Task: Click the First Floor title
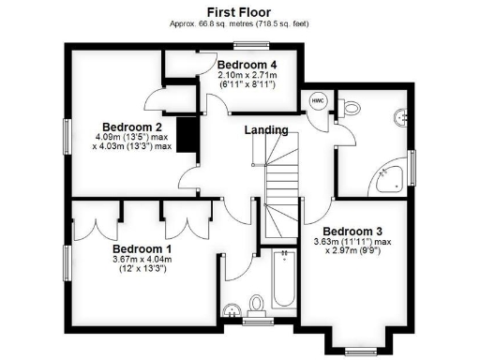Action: pos(240,11)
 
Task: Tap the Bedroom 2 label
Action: pos(133,127)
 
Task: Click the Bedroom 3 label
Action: pos(352,231)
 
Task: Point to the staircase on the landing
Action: pos(278,187)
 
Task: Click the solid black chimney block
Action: pos(188,131)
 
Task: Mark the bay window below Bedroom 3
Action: pos(359,350)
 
